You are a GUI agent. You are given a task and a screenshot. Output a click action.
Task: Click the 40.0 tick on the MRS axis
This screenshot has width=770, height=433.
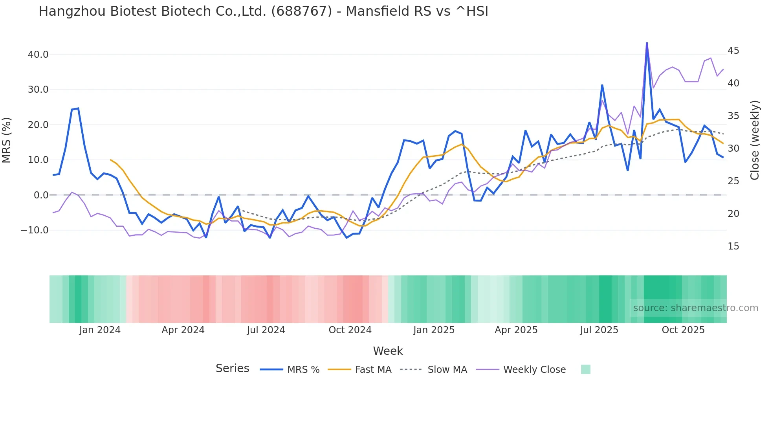(x=38, y=55)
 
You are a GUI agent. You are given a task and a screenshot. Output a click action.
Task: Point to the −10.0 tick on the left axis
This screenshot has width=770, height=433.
(x=35, y=230)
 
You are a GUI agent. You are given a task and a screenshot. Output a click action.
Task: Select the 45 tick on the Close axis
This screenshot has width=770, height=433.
(x=733, y=51)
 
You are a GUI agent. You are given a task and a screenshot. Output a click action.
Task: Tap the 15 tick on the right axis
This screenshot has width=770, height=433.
(x=733, y=246)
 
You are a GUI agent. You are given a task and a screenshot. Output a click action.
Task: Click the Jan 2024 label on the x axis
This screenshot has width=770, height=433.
(x=100, y=330)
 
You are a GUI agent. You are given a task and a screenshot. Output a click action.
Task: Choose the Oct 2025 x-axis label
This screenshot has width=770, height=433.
(x=683, y=330)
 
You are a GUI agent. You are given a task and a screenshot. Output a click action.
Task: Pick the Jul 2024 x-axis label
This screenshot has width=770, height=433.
(x=266, y=330)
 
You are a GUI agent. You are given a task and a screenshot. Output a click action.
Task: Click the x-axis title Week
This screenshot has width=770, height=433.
(x=388, y=351)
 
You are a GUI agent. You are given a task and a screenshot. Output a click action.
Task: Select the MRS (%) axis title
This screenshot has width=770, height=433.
(x=7, y=140)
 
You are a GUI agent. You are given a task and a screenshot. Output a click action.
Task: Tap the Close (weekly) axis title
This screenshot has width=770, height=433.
(x=755, y=140)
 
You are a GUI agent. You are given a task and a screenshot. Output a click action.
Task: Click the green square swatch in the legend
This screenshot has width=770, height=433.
(x=585, y=369)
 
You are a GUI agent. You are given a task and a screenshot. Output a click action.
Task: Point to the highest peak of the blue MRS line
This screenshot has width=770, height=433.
(x=647, y=43)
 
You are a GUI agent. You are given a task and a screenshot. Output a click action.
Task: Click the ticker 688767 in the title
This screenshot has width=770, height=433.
(x=302, y=11)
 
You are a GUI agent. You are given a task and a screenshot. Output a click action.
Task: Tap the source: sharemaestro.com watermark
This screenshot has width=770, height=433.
(x=695, y=308)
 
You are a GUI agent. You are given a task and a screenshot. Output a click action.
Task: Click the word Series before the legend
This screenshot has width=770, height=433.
(x=232, y=369)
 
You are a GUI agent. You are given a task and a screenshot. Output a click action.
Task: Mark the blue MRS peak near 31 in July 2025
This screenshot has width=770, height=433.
(x=602, y=85)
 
